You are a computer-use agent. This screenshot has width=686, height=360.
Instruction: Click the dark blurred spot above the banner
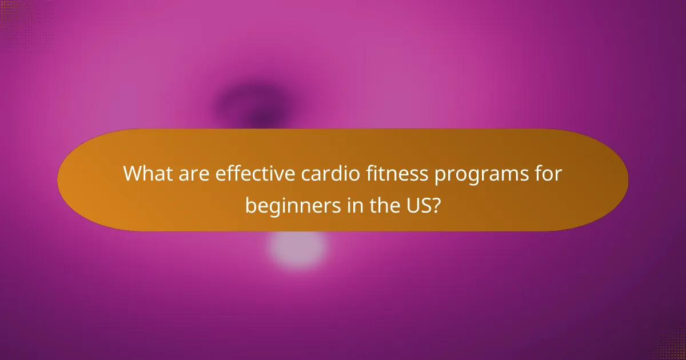click(252, 106)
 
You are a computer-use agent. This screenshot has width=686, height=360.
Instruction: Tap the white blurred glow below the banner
click(297, 249)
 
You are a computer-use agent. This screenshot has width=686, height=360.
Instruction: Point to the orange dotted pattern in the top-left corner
click(14, 17)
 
